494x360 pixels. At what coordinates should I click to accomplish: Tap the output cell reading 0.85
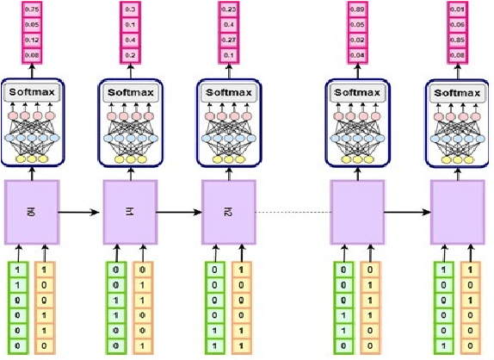(458, 40)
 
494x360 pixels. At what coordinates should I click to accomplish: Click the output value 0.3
(130, 11)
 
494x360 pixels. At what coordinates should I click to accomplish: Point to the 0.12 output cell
(32, 40)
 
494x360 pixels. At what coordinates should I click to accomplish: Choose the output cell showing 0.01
(458, 11)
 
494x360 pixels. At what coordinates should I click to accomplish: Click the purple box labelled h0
(32, 210)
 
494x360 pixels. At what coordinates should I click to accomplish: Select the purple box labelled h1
(130, 210)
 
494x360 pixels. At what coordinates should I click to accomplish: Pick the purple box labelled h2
(228, 210)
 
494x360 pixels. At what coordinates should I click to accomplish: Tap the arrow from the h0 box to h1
(81, 210)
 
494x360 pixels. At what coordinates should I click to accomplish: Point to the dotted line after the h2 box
(293, 212)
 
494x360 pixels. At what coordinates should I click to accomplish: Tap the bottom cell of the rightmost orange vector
(472, 344)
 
